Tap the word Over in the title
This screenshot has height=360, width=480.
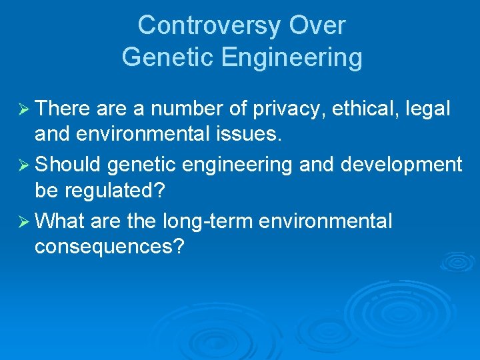(x=317, y=26)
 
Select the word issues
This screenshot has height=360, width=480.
(x=251, y=135)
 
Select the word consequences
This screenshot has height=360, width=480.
(x=109, y=247)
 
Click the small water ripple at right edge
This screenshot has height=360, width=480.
(x=459, y=261)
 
